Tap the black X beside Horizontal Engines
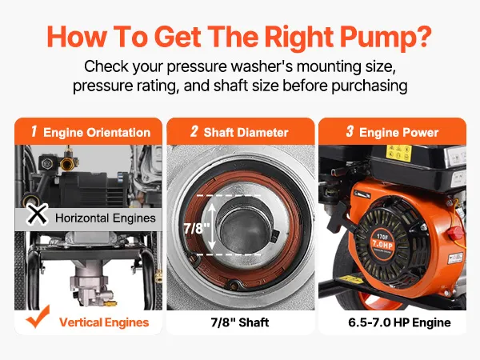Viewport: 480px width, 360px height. click(x=37, y=214)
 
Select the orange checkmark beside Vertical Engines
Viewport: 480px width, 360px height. click(x=38, y=317)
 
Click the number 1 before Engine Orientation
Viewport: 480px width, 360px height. click(x=34, y=131)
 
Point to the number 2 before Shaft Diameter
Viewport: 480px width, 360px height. click(x=194, y=131)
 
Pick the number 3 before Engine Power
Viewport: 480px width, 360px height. click(x=350, y=131)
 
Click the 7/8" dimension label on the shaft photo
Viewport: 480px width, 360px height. click(x=197, y=228)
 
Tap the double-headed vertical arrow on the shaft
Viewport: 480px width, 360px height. click(x=212, y=226)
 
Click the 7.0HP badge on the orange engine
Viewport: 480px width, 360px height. click(x=382, y=244)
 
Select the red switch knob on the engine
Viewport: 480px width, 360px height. click(x=455, y=234)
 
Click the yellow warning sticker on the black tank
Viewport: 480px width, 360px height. click(x=398, y=153)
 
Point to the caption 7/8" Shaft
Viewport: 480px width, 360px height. click(x=240, y=322)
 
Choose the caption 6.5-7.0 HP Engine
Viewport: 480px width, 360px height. click(x=399, y=322)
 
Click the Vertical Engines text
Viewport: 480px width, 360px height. click(x=104, y=322)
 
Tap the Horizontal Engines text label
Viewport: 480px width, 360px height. click(x=106, y=218)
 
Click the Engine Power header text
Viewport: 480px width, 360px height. click(x=398, y=133)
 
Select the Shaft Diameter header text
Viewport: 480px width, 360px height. click(x=246, y=133)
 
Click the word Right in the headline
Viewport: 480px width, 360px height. click(x=298, y=38)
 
